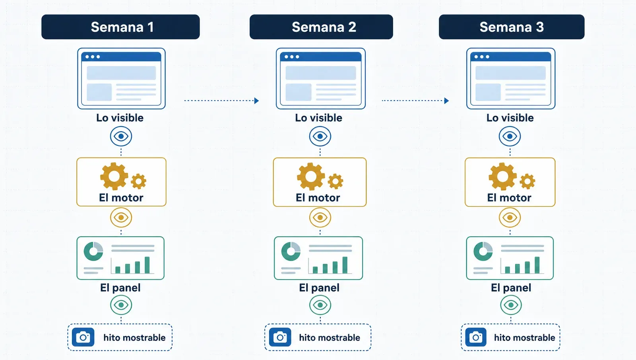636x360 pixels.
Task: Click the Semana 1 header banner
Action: pyautogui.click(x=120, y=27)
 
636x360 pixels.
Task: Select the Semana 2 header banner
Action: pyautogui.click(x=321, y=27)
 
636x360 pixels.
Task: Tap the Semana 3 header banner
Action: pyautogui.click(x=512, y=27)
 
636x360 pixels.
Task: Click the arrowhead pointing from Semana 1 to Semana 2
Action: pyautogui.click(x=256, y=101)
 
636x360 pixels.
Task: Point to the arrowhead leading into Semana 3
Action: pyautogui.click(x=447, y=101)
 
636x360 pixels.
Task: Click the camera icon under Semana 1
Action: pyautogui.click(x=83, y=337)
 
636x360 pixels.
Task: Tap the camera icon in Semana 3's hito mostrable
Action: pyautogui.click(x=476, y=337)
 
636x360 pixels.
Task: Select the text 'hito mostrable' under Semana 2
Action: pyautogui.click(x=330, y=338)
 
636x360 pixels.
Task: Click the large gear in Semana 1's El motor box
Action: pyautogui.click(x=114, y=176)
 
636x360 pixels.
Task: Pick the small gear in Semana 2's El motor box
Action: pyautogui.click(x=335, y=181)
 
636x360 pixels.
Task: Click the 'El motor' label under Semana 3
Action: pyautogui.click(x=509, y=198)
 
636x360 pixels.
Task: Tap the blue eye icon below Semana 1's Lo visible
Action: pyautogui.click(x=121, y=136)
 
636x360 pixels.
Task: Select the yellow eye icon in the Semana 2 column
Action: pyautogui.click(x=320, y=218)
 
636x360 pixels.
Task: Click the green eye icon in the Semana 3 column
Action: pyautogui.click(x=511, y=305)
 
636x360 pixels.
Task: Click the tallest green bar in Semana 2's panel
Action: pyautogui.click(x=345, y=265)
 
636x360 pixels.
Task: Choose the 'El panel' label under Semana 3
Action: pyautogui.click(x=511, y=288)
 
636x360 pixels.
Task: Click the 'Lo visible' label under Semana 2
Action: pyautogui.click(x=318, y=118)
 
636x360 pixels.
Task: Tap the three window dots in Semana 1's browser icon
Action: pyautogui.click(x=93, y=57)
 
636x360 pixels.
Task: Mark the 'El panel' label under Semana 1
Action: pyautogui.click(x=120, y=288)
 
